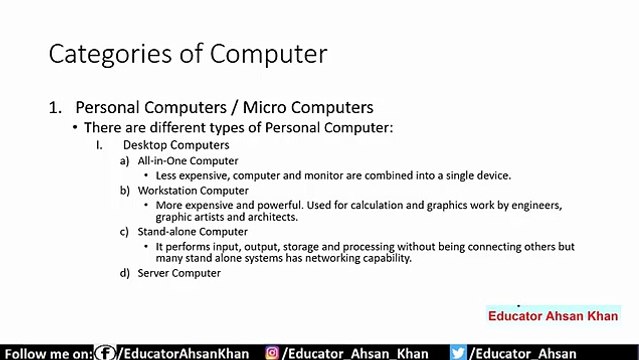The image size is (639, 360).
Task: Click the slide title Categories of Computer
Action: coord(187,53)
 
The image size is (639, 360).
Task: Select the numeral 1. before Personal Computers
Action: coord(56,107)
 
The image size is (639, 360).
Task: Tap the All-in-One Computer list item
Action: coord(188,160)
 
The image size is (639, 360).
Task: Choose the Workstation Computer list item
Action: coord(193,190)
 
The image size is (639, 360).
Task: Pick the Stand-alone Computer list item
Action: coord(192,231)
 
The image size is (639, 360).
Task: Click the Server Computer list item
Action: coord(179,272)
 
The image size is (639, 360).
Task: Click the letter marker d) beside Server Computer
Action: coord(125,272)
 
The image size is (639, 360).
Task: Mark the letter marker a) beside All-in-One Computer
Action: coord(125,160)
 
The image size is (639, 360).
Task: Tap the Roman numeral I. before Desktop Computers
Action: coord(100,145)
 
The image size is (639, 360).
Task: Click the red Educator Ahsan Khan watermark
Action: coord(553,316)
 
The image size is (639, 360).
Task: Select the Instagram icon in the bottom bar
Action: coord(272,352)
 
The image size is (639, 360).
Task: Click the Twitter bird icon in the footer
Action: coord(458,352)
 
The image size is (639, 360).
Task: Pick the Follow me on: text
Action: coord(47,353)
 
